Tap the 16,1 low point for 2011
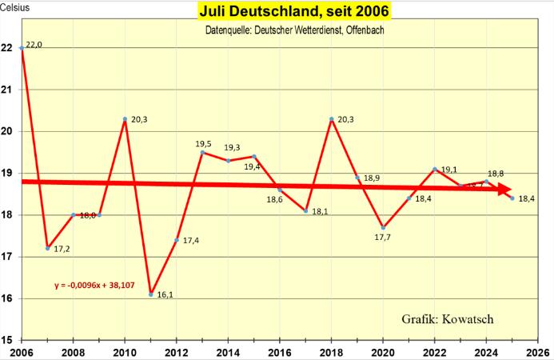click(150, 294)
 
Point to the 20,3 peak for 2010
click(125, 119)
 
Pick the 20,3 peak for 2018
click(331, 119)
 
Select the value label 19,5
click(205, 144)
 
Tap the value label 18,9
click(373, 178)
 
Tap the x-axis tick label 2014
click(228, 351)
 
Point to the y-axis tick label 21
click(6, 90)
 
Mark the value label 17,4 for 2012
click(191, 241)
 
